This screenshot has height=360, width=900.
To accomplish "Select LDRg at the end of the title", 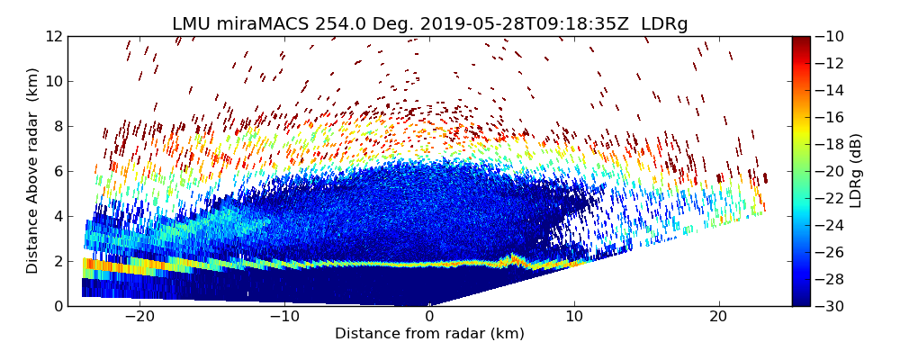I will tap(664, 24).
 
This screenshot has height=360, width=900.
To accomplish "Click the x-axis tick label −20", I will tap(139, 317).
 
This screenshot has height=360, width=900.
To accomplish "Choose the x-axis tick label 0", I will tap(429, 317).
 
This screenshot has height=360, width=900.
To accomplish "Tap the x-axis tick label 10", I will tap(574, 317).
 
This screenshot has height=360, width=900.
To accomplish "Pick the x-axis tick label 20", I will tap(719, 317).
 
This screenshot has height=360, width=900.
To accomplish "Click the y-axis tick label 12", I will tap(53, 37).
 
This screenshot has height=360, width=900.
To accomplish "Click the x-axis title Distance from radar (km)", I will tap(429, 334).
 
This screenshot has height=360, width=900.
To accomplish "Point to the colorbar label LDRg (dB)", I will tap(856, 171).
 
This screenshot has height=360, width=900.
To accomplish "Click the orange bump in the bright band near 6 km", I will tap(514, 259).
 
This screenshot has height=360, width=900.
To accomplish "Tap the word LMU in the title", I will tap(190, 24).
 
